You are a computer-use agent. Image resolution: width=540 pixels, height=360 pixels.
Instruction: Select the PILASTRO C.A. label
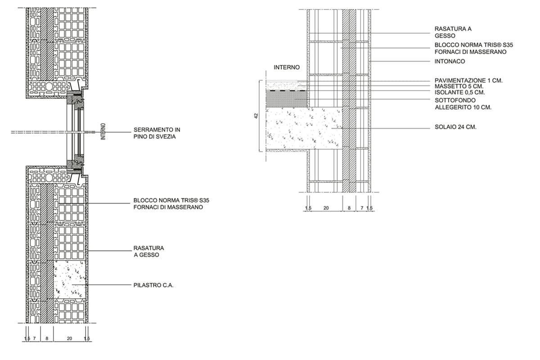tap(153, 285)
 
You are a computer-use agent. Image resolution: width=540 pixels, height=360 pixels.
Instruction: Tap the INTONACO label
tap(450, 61)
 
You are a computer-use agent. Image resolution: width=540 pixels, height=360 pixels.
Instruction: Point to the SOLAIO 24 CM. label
tap(455, 127)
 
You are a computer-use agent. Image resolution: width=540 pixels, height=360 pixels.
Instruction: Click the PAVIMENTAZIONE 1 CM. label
tap(468, 81)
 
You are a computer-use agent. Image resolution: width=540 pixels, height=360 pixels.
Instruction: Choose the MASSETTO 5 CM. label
tap(459, 86)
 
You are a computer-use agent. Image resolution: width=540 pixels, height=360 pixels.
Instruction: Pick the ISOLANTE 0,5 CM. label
tap(460, 92)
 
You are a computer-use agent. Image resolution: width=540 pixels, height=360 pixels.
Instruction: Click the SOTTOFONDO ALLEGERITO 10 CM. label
tap(463, 104)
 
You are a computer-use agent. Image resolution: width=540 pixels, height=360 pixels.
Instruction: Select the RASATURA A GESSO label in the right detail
tap(453, 32)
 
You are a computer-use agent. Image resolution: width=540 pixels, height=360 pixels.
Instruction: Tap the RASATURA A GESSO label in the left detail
tap(148, 252)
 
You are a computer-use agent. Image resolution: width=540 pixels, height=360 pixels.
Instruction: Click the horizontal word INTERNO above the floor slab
tap(287, 67)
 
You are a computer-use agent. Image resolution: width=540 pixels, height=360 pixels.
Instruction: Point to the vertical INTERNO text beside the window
tap(103, 132)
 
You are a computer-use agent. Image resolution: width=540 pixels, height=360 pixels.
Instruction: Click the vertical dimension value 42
tap(256, 116)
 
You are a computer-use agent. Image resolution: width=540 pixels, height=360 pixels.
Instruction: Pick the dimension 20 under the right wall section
tap(326, 208)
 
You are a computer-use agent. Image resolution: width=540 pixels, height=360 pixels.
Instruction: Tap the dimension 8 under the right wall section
tap(349, 208)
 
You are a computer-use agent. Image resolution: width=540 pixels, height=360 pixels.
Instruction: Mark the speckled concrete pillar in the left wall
tap(69, 279)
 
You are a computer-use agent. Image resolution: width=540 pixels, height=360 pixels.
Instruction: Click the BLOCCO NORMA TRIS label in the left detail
tap(168, 204)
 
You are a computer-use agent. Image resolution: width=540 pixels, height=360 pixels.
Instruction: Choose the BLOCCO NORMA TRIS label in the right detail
tap(474, 49)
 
